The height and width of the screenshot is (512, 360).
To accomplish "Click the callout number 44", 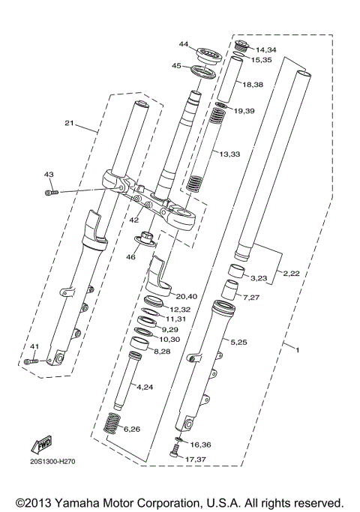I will click(184, 44).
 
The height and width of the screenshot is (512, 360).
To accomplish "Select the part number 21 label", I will click(69, 123).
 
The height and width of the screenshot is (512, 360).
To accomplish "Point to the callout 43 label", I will click(49, 175).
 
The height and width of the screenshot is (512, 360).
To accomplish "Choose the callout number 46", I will click(130, 257).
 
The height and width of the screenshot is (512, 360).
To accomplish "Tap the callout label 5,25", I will click(239, 342).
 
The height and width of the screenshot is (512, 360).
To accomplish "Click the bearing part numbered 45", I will click(203, 72).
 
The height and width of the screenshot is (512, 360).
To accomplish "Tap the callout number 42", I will click(133, 220).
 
